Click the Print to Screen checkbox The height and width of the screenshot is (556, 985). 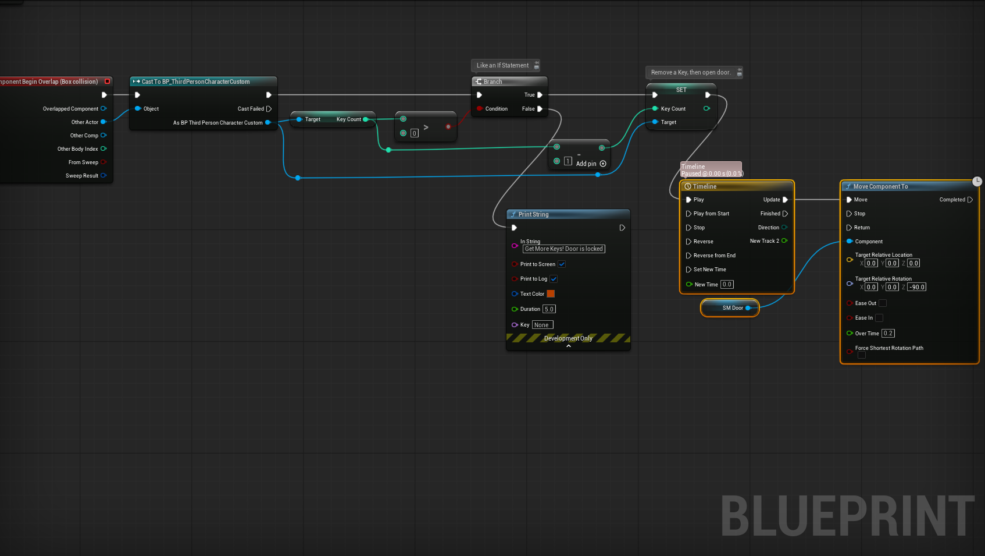pos(562,264)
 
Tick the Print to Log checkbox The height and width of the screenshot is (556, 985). pos(554,279)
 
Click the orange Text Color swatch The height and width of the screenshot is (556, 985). pos(551,294)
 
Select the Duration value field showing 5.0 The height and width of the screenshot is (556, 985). pos(549,309)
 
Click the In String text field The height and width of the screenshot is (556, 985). pos(563,249)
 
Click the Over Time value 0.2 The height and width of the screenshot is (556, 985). pos(888,334)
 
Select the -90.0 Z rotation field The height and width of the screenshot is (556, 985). pos(917,287)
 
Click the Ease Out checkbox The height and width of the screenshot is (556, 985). pos(883,303)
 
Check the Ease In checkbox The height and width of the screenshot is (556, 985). pos(879,318)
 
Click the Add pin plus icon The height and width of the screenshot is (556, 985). pos(603,164)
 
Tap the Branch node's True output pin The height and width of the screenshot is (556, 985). pos(540,95)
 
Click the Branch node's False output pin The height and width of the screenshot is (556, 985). pos(540,109)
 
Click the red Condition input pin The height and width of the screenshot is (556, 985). pos(479,109)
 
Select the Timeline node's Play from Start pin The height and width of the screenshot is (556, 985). pos(689,214)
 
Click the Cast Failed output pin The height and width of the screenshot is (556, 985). pos(269,109)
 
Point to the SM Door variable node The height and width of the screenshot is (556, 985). pos(730,308)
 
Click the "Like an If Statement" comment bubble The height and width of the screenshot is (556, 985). pos(502,65)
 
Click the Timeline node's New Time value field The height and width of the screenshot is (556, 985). pos(727,285)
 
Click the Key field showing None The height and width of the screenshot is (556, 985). pos(542,325)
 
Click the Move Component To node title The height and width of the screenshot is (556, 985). pos(880,186)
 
